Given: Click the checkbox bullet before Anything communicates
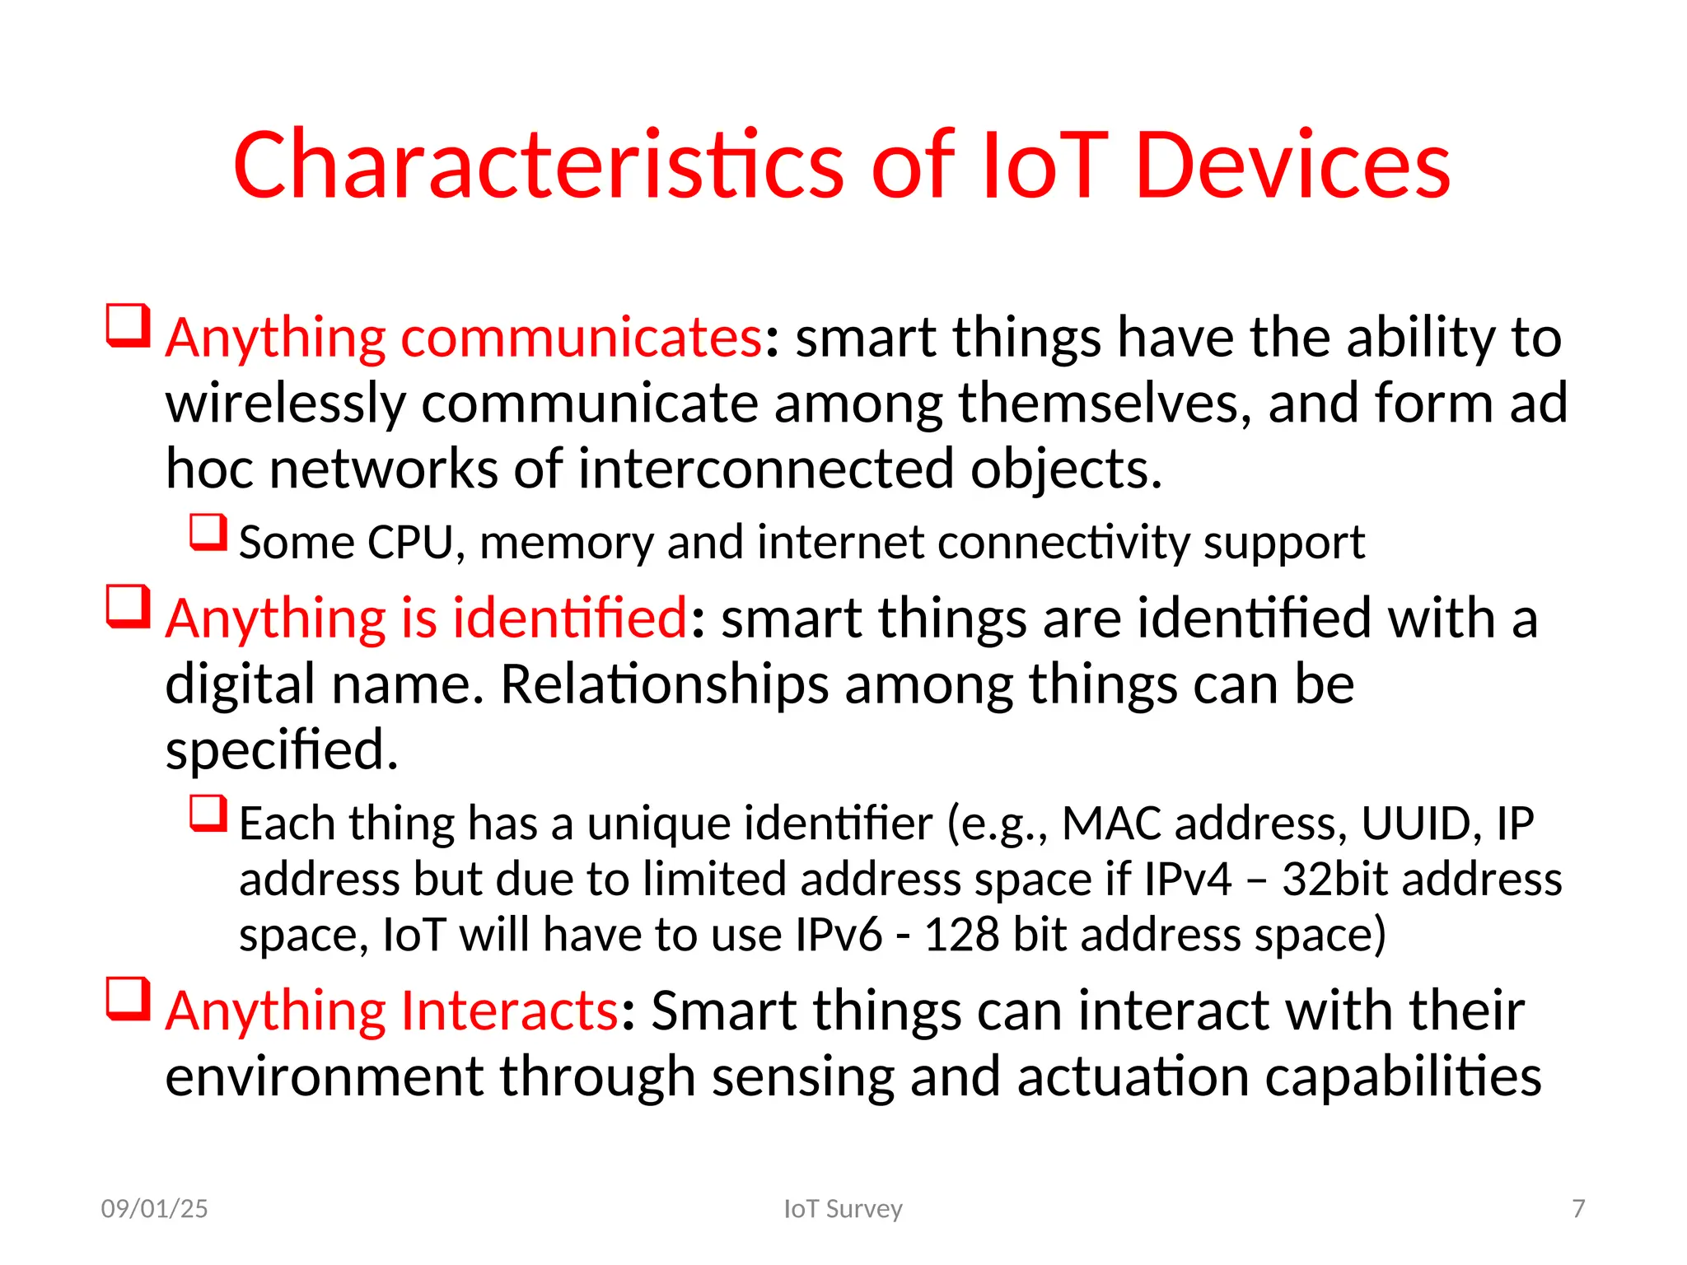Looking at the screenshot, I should (129, 326).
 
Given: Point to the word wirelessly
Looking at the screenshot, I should (285, 404).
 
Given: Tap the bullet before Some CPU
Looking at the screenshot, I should (208, 533).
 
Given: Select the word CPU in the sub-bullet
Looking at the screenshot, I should (409, 543).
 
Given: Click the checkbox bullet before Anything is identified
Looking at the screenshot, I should (129, 607).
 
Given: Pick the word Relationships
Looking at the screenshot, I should (664, 684).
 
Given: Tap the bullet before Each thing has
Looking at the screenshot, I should (208, 814).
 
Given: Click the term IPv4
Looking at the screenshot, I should (1187, 879).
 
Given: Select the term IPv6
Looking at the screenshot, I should (838, 935).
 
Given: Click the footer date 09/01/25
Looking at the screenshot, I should (154, 1208).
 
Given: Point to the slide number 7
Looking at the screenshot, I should (1578, 1208).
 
